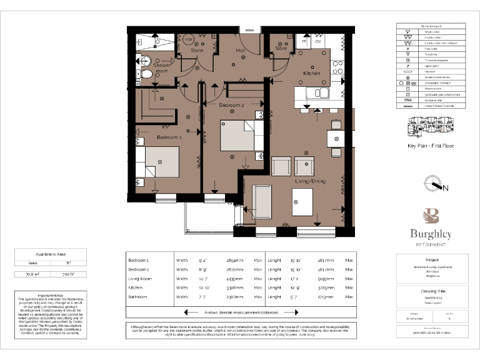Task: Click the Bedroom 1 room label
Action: click(169, 137)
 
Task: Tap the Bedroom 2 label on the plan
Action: click(231, 105)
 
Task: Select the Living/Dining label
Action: click(311, 181)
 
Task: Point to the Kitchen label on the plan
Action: click(312, 73)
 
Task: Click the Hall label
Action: click(241, 50)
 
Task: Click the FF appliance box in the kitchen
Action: click(304, 42)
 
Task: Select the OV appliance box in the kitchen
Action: click(318, 42)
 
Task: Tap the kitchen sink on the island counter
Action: click(322, 93)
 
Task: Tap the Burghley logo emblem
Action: click(431, 217)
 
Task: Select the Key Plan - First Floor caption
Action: click(431, 146)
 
